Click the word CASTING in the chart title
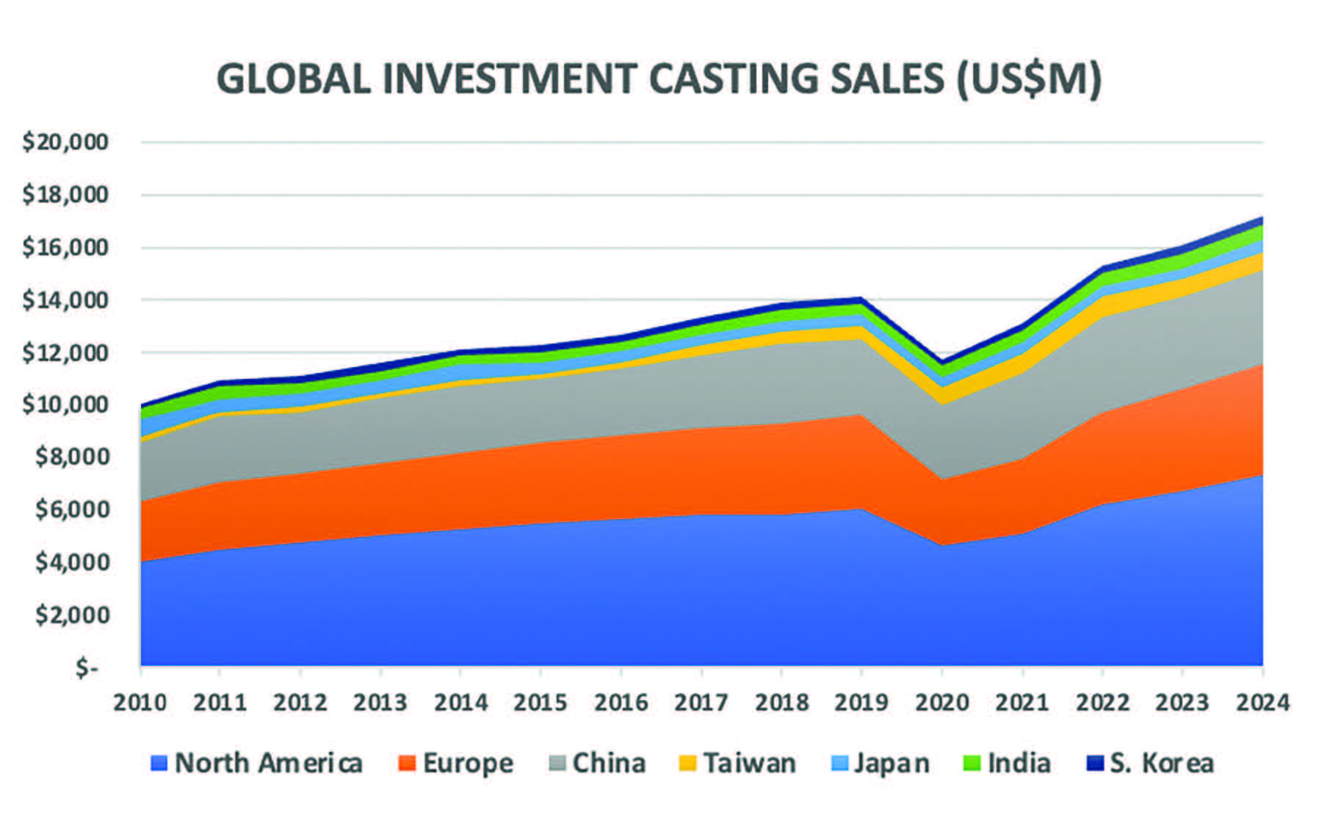pos(735,79)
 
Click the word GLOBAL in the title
pos(294,79)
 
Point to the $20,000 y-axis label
pos(65,142)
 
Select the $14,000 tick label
pos(65,300)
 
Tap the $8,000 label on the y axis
pos(72,457)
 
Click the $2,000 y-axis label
pos(72,615)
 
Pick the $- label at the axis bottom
pos(87,667)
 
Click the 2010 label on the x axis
pos(140,703)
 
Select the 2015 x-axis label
pos(541,703)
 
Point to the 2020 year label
pos(942,703)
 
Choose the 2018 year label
pos(781,703)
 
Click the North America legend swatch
pos(159,764)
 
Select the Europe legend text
pos(468,764)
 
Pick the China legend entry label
pos(609,764)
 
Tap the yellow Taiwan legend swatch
pos(687,764)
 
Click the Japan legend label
pos(892,764)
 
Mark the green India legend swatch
pos(972,764)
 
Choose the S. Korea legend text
pos(1162,764)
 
